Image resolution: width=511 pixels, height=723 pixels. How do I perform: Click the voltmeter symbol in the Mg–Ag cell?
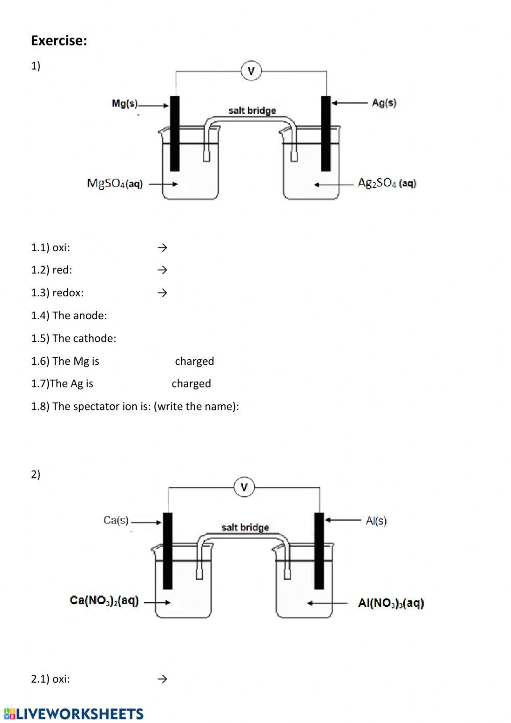pyautogui.click(x=251, y=71)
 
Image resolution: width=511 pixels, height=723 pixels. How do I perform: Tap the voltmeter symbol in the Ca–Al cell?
pyautogui.click(x=244, y=487)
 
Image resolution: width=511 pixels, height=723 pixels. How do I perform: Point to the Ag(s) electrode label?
pyautogui.click(x=384, y=102)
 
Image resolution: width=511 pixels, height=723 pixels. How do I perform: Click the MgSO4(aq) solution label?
pyautogui.click(x=115, y=183)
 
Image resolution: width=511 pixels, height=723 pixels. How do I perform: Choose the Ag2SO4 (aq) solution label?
pyautogui.click(x=387, y=183)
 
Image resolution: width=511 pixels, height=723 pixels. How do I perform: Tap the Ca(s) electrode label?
pyautogui.click(x=116, y=520)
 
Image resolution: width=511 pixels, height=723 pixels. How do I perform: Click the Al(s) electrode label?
pyautogui.click(x=376, y=520)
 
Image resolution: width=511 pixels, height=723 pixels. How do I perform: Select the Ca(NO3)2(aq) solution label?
pyautogui.click(x=104, y=601)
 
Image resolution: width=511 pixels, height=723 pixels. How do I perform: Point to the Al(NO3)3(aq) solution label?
pyautogui.click(x=391, y=603)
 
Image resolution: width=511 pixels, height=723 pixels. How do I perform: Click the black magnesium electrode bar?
pyautogui.click(x=175, y=133)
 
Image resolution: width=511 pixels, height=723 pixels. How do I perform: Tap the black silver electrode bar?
pyautogui.click(x=326, y=133)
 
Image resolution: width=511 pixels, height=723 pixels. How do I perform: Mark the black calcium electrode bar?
pyautogui.click(x=168, y=551)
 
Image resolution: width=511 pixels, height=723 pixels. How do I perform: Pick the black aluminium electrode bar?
pyautogui.click(x=319, y=551)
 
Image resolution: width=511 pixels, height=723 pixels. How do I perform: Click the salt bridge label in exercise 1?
pyautogui.click(x=252, y=111)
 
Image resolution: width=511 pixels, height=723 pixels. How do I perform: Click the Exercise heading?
pyautogui.click(x=59, y=41)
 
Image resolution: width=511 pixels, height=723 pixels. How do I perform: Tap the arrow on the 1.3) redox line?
pyautogui.click(x=162, y=293)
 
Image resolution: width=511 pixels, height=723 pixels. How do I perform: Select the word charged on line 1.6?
pyautogui.click(x=194, y=361)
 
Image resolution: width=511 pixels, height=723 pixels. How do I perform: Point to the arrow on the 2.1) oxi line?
pyautogui.click(x=162, y=679)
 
